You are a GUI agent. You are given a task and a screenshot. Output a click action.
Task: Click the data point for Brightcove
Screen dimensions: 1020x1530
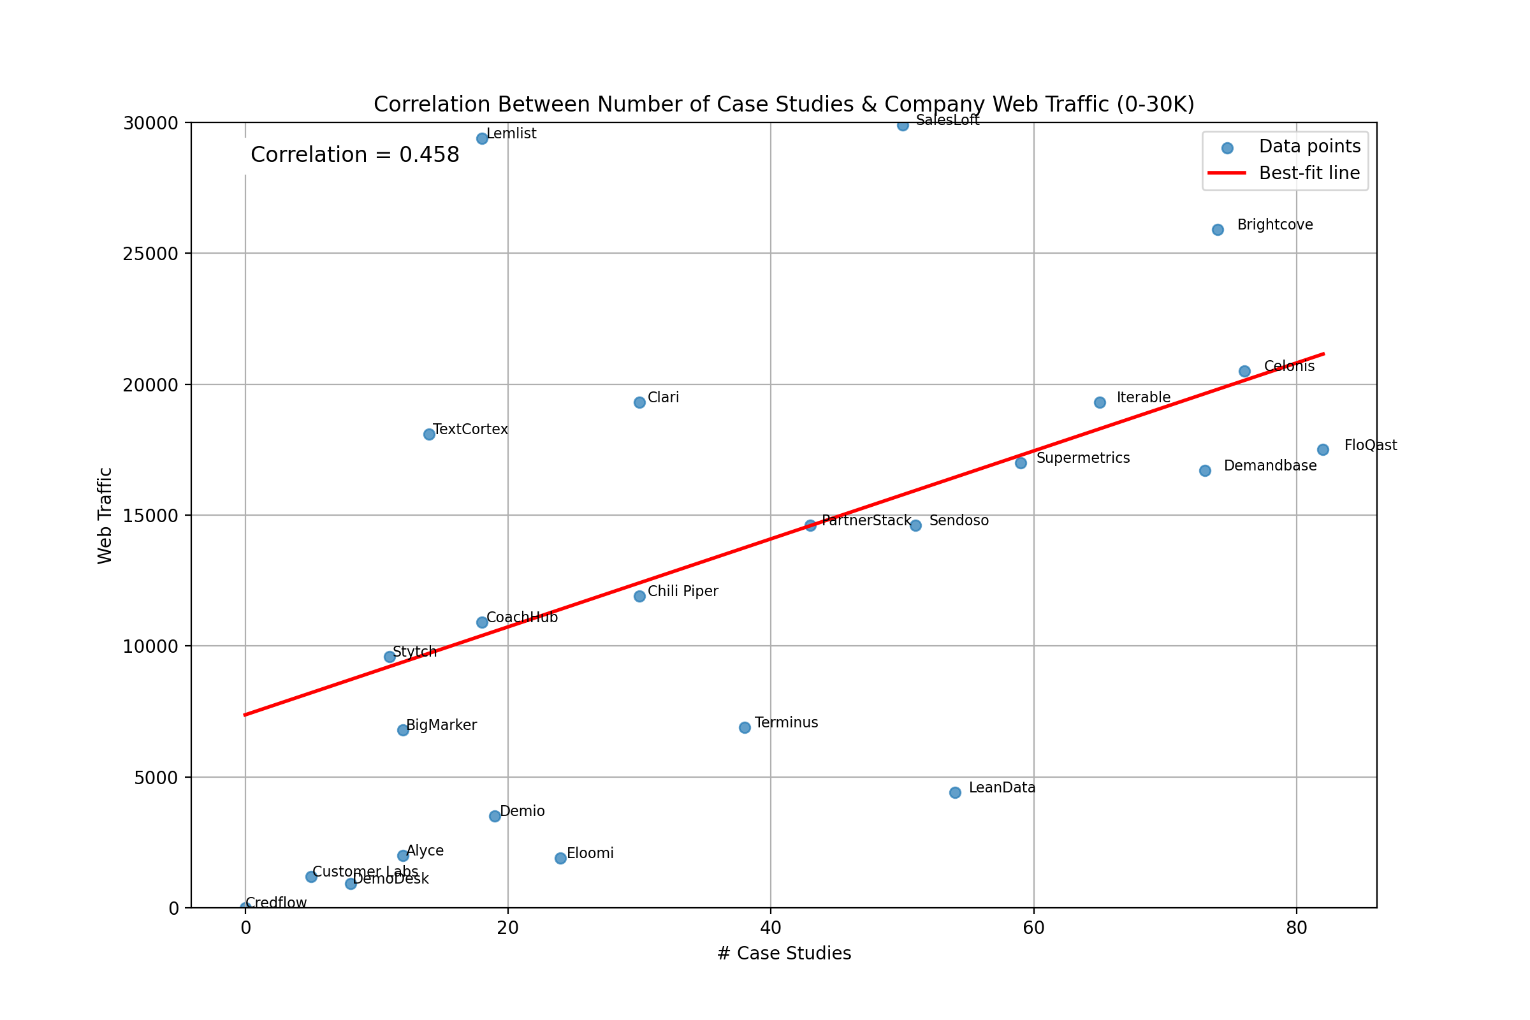pos(1218,229)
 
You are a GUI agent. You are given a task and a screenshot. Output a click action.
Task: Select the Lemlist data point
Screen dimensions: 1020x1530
pos(482,138)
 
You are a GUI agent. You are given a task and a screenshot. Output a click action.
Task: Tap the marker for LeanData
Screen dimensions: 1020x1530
pos(955,792)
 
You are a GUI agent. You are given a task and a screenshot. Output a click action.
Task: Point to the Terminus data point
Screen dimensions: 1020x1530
pos(745,727)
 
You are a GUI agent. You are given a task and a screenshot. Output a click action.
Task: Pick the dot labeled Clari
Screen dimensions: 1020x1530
pos(639,403)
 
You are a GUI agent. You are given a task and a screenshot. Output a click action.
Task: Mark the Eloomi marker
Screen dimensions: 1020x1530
pos(561,858)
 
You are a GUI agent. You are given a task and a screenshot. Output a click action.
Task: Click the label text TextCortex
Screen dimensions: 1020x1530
pos(470,429)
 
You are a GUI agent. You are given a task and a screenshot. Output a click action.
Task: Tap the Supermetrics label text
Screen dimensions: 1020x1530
pos(1083,458)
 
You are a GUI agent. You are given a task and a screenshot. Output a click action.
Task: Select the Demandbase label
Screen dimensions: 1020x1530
pos(1270,466)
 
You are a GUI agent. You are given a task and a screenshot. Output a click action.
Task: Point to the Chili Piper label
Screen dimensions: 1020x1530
pos(683,592)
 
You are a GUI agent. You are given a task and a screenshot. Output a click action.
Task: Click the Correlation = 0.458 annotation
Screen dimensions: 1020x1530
pos(354,155)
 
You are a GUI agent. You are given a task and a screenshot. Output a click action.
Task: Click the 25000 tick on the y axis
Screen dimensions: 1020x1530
pos(150,254)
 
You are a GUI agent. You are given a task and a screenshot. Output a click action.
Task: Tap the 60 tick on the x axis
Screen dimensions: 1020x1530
pos(1033,928)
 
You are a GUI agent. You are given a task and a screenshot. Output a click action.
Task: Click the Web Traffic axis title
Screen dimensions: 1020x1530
pos(105,516)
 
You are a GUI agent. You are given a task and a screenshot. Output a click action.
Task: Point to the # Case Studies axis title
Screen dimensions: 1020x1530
pos(784,954)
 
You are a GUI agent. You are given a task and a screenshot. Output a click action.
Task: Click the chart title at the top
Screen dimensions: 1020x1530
pos(784,104)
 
